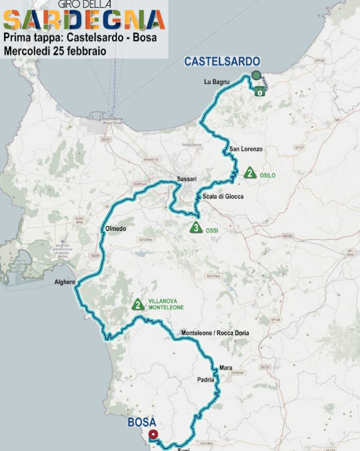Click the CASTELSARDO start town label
(222, 62)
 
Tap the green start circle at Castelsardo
(256, 75)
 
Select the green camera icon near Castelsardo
(260, 92)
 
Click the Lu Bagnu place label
(216, 82)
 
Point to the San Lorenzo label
(246, 149)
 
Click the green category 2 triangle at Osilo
(250, 173)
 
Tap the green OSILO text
(267, 176)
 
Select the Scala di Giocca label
(222, 196)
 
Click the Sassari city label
(187, 179)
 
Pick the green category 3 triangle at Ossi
(196, 227)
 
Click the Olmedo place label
(115, 228)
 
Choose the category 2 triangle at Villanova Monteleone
(138, 304)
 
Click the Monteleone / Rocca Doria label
(215, 333)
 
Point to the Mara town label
(226, 367)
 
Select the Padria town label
(205, 380)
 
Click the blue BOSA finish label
(142, 423)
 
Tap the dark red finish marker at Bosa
(153, 435)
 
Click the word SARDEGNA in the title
(84, 20)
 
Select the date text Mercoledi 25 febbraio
(55, 51)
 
